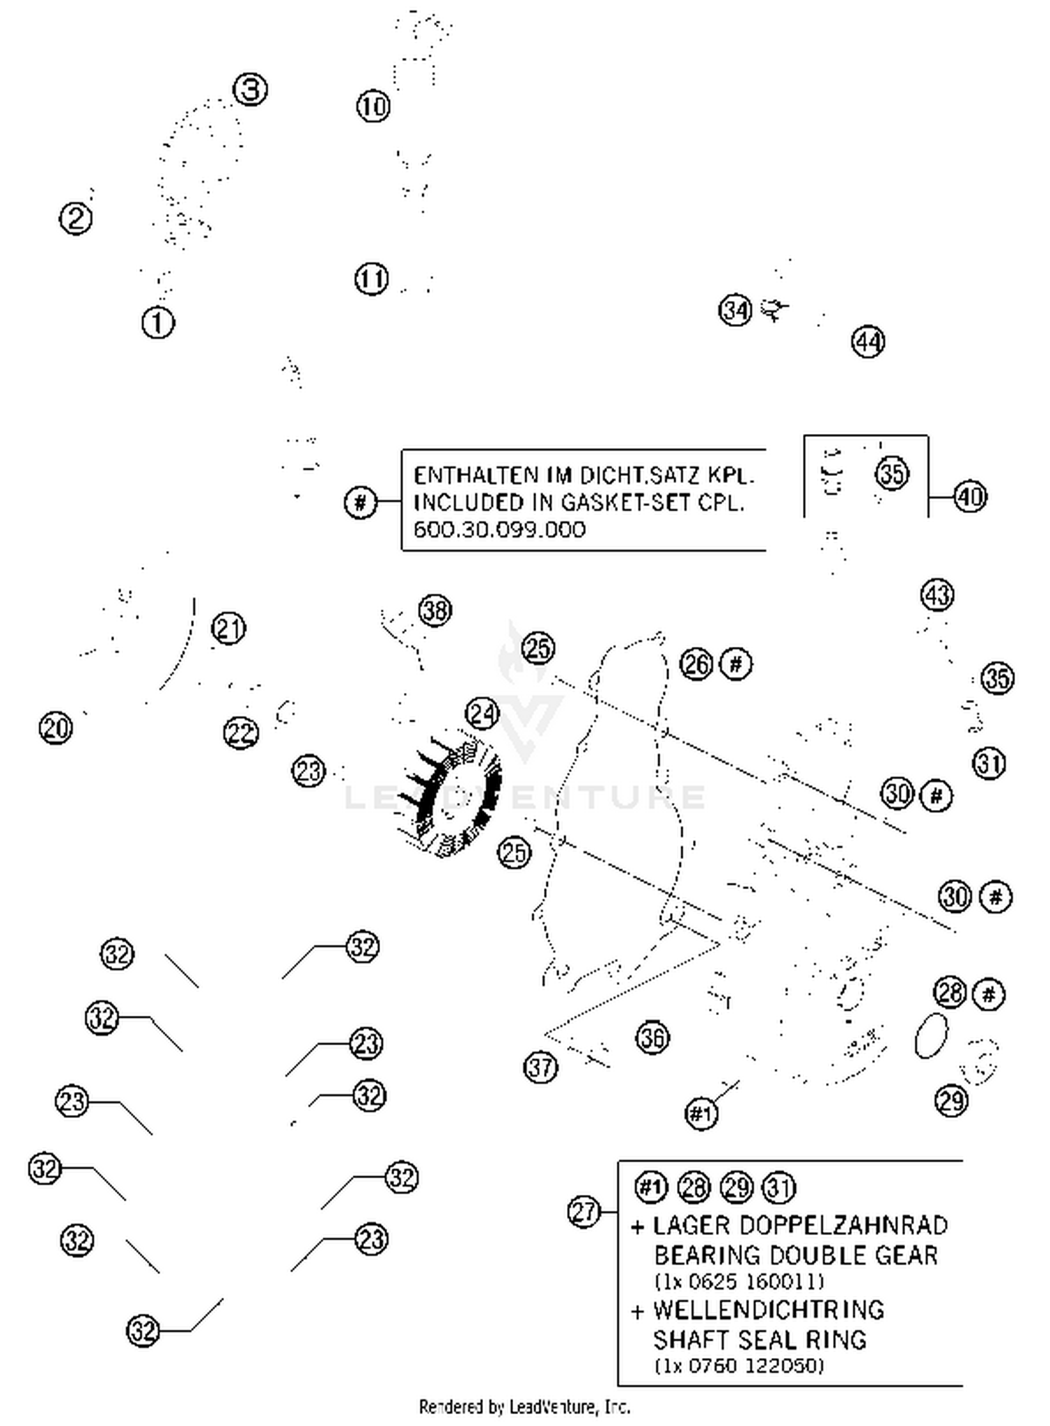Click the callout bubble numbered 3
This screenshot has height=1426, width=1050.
(250, 90)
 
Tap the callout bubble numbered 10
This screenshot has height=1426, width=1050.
(373, 106)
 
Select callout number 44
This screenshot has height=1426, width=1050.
(868, 342)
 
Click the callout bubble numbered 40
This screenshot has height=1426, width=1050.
(969, 496)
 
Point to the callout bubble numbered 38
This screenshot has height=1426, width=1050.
(435, 610)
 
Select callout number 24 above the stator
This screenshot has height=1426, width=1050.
(482, 714)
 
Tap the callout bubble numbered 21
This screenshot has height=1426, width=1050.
(228, 628)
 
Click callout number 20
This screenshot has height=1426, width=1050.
(56, 728)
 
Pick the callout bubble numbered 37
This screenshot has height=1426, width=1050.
(540, 1068)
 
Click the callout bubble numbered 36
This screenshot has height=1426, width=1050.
(652, 1037)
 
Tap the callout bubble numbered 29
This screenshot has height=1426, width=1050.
(951, 1101)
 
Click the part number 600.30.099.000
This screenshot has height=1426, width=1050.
(499, 529)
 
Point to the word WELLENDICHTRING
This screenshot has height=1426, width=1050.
(769, 1310)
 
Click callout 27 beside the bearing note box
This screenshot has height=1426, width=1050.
(584, 1212)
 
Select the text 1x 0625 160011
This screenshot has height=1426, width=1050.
(739, 1282)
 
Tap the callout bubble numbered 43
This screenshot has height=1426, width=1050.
(937, 594)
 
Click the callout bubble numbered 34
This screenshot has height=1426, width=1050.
(735, 309)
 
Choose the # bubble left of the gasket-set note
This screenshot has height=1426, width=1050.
(360, 502)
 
